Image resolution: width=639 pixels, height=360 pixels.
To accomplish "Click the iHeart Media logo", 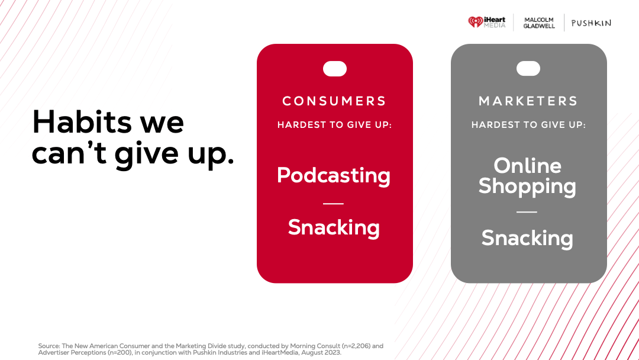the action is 486,22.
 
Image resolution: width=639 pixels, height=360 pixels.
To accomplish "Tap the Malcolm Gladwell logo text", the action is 539,23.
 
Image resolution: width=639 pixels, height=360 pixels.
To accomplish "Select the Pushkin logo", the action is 591,23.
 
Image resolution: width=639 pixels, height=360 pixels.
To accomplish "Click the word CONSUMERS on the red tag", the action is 334,101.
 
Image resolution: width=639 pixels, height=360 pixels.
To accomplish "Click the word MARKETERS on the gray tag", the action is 528,101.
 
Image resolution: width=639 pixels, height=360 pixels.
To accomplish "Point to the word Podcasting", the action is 334,176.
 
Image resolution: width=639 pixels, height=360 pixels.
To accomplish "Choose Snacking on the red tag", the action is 334,227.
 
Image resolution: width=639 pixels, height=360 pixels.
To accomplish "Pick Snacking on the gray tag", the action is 527,238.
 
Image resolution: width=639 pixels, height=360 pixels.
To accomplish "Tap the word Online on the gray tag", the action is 527,166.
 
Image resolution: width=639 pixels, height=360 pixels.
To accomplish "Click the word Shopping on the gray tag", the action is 527,187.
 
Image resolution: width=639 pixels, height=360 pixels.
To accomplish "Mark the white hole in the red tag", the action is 334,69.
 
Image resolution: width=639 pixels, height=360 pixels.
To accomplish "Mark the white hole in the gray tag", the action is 528,69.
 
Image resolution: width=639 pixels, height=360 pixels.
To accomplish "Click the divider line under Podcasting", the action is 333,204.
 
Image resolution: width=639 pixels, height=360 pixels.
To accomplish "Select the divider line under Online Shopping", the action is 527,212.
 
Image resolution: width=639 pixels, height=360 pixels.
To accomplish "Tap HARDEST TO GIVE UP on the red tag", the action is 334,125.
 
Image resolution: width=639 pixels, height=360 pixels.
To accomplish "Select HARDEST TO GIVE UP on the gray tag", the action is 528,125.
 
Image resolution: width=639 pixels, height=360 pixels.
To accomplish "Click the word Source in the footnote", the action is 49,346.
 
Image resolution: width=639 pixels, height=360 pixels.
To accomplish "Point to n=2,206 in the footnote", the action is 356,346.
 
